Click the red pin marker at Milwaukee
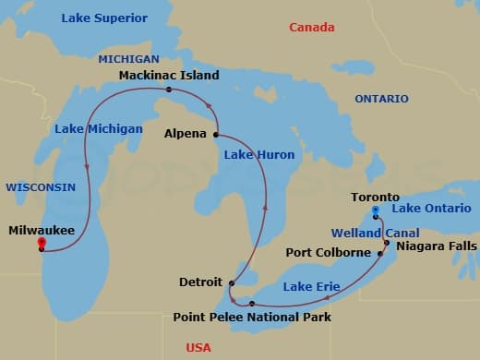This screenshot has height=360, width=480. tap(42, 244)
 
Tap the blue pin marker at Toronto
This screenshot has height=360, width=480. tap(376, 212)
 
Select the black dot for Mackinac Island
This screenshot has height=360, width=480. tap(169, 90)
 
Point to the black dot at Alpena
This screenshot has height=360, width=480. tap(216, 134)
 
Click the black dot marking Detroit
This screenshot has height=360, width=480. tap(232, 283)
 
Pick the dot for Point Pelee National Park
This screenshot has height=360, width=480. tap(252, 303)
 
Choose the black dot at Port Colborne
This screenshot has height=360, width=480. tap(381, 253)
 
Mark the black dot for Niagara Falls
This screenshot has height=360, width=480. tap(387, 243)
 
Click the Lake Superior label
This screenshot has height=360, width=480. tap(104, 18)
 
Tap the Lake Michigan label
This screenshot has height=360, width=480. tap(98, 128)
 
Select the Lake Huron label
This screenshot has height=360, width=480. tap(259, 155)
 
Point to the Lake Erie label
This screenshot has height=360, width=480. tap(311, 286)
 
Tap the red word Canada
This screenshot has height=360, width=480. tap(312, 28)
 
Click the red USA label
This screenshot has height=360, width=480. tap(198, 347)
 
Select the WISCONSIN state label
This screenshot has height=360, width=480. tap(40, 186)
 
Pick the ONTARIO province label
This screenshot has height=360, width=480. tap(380, 98)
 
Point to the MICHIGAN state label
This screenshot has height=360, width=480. tap(128, 58)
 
